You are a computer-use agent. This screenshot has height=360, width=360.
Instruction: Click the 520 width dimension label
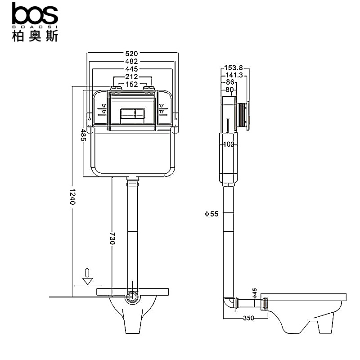point(131,54)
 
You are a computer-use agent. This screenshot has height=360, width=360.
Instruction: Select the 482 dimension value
point(131,61)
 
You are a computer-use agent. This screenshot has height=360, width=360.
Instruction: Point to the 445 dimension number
point(131,69)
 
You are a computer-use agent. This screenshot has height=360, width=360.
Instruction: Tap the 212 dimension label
point(131,76)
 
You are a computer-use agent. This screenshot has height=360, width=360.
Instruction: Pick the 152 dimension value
point(131,84)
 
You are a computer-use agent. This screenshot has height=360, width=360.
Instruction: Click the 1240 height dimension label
point(72,197)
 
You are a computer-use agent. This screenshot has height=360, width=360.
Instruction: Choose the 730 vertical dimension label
point(112,238)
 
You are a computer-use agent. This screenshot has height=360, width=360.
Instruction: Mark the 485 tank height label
point(83,135)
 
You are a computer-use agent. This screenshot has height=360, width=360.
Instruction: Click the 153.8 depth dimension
point(234,68)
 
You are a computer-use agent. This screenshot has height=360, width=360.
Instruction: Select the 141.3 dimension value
point(234,75)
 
